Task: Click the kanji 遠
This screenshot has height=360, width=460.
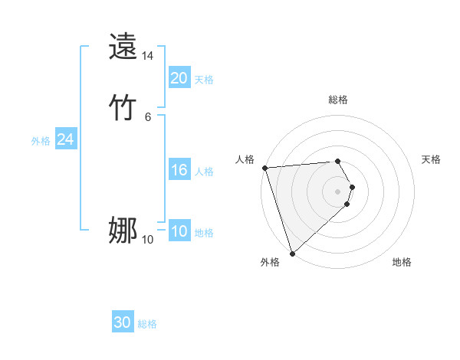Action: (x=123, y=47)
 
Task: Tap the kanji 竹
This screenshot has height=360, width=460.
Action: (x=123, y=107)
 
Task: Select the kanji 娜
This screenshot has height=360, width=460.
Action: (x=123, y=231)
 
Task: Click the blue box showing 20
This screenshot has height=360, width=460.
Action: (x=179, y=78)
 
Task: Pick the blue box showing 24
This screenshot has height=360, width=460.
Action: (x=66, y=139)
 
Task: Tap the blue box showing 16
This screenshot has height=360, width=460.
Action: (x=179, y=170)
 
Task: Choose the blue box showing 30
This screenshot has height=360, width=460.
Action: (x=123, y=323)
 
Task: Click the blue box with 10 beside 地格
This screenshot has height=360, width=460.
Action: (x=179, y=231)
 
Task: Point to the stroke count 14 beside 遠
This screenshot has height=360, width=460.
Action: (x=147, y=56)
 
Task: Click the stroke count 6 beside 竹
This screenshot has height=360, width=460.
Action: (x=147, y=116)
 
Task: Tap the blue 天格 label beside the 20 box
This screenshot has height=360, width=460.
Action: (x=204, y=80)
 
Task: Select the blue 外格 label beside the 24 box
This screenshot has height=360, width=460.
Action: (x=41, y=141)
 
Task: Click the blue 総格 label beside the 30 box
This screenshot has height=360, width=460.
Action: (x=147, y=325)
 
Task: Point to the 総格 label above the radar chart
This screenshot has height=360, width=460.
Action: (x=338, y=100)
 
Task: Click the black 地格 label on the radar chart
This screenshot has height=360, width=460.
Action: (x=402, y=262)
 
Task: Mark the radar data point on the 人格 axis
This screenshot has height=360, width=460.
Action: (x=264, y=168)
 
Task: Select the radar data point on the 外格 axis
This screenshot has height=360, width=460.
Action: (x=292, y=253)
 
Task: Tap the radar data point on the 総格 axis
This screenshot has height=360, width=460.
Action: (x=337, y=161)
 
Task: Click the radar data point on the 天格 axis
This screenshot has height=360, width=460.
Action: (x=352, y=187)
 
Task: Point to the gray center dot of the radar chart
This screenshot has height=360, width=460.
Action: (x=337, y=191)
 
